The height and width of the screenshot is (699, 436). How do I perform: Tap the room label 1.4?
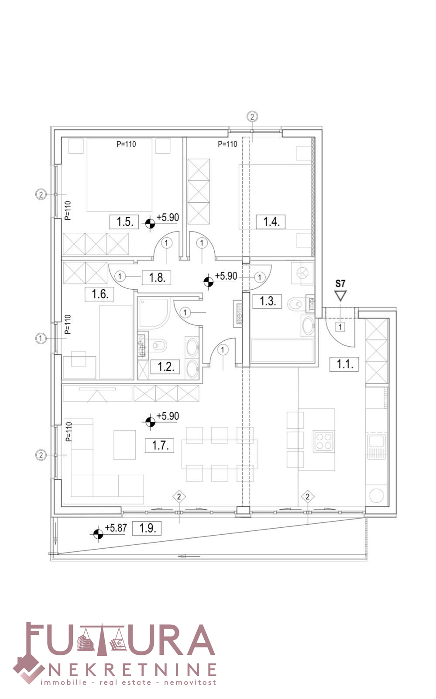coord(271,222)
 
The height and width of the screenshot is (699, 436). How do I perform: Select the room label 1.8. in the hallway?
coord(156,277)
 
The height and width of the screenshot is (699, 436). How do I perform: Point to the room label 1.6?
coord(99,294)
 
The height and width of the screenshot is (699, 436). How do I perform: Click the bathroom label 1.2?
coord(165,367)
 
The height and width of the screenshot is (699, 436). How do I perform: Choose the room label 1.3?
coord(267,301)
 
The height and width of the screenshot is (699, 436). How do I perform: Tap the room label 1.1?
coord(344,364)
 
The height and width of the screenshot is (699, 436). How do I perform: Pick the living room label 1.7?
coord(160,445)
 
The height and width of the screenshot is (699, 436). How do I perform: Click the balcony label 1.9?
coord(147,528)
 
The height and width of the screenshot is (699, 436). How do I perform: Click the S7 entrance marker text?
coord(340,284)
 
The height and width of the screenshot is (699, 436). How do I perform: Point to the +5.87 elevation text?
coord(116,528)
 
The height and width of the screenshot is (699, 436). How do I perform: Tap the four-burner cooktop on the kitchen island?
coord(324,441)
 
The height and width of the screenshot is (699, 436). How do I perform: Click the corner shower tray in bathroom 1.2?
coord(154,313)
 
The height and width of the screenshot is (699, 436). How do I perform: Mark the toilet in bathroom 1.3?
coord(295,303)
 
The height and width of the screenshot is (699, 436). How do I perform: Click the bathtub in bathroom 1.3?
coord(282,351)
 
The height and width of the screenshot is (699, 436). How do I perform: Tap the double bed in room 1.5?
coord(119,175)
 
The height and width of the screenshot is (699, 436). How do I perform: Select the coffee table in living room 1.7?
coord(125,445)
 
